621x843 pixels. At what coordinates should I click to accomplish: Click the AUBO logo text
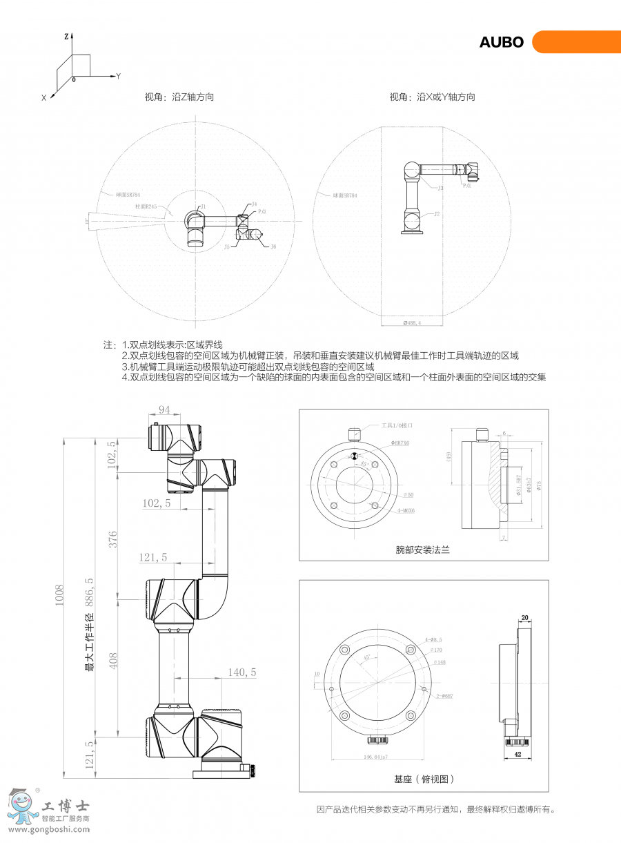tap(501, 43)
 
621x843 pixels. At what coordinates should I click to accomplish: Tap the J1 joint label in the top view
tap(203, 206)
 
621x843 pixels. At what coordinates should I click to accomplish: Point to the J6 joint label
tap(273, 246)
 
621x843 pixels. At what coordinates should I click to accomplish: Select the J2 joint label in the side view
tap(437, 214)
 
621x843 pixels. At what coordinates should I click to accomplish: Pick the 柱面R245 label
tap(146, 206)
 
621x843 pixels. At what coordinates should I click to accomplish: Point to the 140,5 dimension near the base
tap(242, 672)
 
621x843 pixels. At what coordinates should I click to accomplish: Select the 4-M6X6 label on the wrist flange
tap(406, 512)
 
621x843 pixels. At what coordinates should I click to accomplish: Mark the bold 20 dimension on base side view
tap(524, 617)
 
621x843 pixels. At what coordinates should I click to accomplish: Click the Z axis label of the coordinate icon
tap(66, 35)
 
